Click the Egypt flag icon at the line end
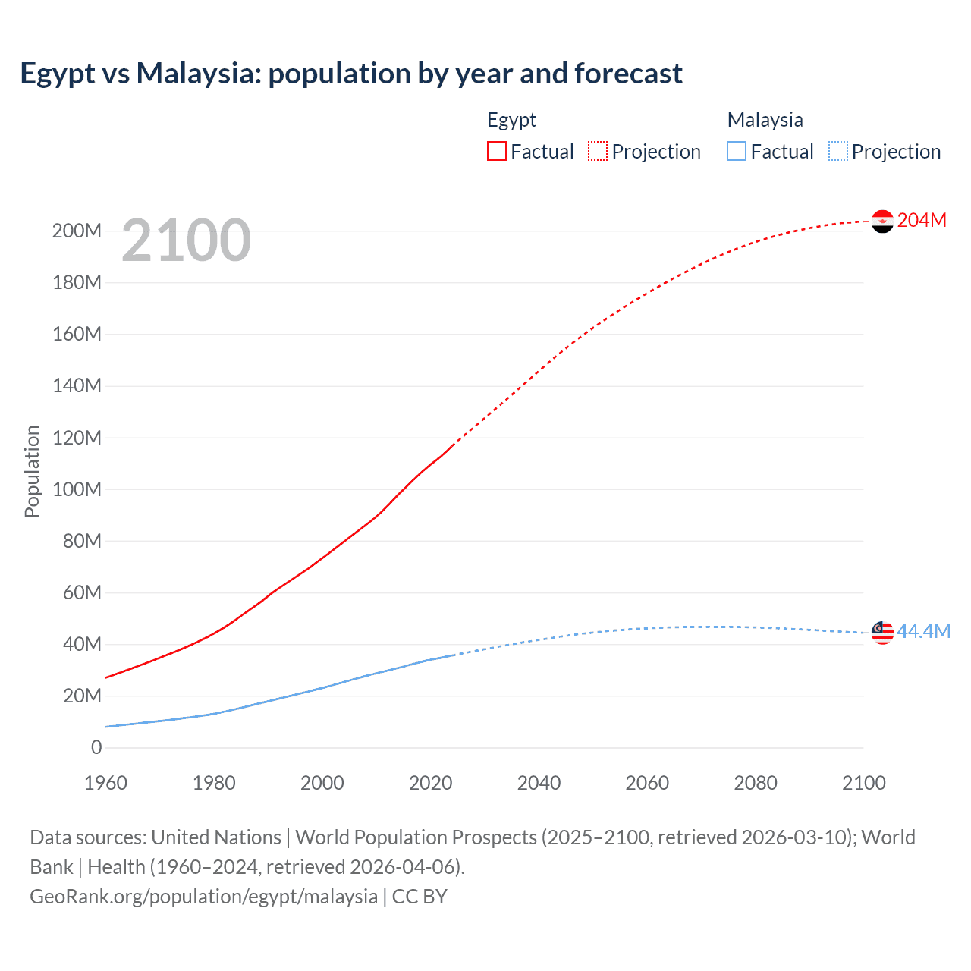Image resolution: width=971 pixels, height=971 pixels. point(882,221)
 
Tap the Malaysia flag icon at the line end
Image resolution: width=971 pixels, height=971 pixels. point(882,633)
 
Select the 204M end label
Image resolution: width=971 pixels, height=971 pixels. point(922,220)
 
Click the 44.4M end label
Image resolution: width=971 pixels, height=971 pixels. point(923,631)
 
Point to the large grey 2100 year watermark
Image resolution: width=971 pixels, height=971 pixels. point(186,240)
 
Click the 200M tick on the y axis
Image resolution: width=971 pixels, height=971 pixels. point(77,231)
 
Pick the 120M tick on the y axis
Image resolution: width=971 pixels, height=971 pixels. point(77,438)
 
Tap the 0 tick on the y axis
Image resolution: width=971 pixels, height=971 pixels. point(96,747)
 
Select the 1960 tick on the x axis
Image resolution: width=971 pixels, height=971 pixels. point(105,783)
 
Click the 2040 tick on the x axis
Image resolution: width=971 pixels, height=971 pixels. point(539,783)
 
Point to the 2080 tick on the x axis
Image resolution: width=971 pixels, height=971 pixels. point(756,783)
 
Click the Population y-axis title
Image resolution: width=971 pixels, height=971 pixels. point(32,471)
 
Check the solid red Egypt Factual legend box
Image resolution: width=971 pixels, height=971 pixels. point(497,151)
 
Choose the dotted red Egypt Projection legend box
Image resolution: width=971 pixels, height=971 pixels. point(598,151)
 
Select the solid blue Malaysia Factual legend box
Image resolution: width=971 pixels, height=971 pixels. point(737,151)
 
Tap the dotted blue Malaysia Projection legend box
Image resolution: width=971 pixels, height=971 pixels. point(838,151)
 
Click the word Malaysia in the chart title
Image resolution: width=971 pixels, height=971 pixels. point(197,74)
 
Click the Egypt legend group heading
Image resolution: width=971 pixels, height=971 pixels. point(511,120)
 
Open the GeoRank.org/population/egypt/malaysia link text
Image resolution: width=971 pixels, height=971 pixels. point(203,897)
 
